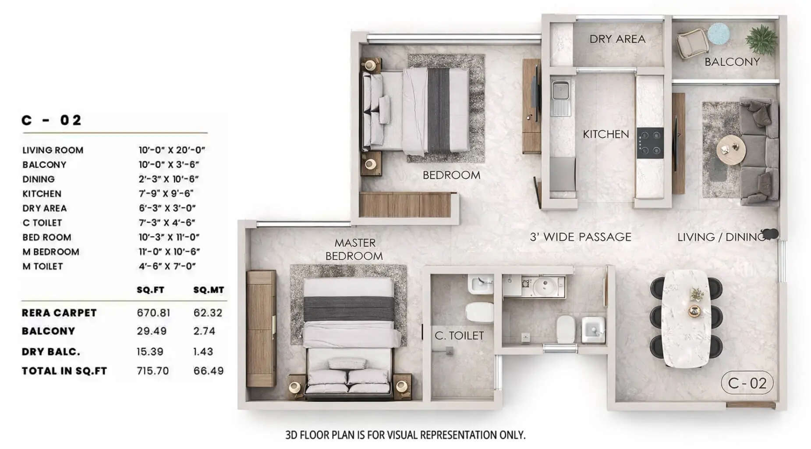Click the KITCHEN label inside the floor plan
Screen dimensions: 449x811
(x=606, y=134)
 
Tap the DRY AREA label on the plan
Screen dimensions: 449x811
(x=617, y=39)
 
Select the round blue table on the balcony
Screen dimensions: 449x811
(x=718, y=33)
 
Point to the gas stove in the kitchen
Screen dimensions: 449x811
(x=650, y=143)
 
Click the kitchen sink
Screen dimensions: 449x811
(x=560, y=91)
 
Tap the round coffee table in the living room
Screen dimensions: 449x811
(x=730, y=150)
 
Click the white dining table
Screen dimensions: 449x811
(x=686, y=318)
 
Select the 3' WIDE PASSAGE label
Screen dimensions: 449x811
(x=580, y=237)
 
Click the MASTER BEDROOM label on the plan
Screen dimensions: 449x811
(x=354, y=249)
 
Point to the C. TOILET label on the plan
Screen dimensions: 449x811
(x=459, y=336)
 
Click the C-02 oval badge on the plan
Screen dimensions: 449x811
(x=747, y=383)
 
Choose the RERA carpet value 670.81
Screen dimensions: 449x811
(x=153, y=313)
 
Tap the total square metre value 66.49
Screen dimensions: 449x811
(x=209, y=371)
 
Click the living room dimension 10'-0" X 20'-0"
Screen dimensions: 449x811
(x=172, y=150)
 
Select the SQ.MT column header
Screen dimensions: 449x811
(x=209, y=290)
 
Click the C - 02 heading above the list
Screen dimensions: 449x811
(x=52, y=121)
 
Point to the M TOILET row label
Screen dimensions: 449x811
(x=42, y=267)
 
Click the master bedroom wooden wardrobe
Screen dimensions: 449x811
(x=261, y=329)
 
